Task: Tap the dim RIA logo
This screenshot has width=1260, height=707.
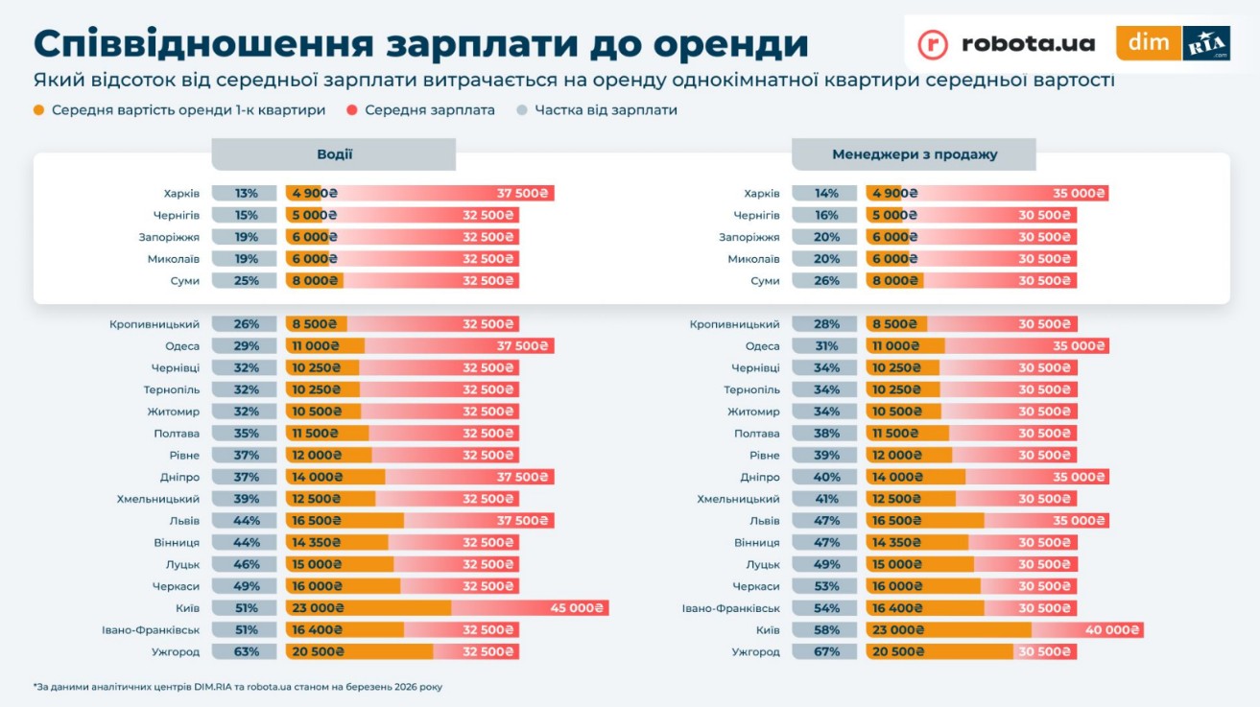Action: pyautogui.click(x=1173, y=44)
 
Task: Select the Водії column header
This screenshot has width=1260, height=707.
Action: pyautogui.click(x=334, y=154)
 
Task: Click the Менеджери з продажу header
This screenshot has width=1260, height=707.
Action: pyautogui.click(x=914, y=154)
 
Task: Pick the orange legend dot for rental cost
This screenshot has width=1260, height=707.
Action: pyautogui.click(x=39, y=110)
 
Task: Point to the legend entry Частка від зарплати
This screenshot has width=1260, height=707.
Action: pyautogui.click(x=606, y=110)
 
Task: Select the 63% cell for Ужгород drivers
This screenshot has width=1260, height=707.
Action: pyautogui.click(x=245, y=652)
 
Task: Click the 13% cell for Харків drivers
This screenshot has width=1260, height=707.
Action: pyautogui.click(x=245, y=194)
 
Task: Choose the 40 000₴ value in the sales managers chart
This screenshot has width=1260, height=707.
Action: pyautogui.click(x=1111, y=630)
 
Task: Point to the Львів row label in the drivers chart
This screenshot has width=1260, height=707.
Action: pyautogui.click(x=183, y=521)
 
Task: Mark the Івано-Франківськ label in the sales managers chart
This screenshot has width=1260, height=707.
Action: pyautogui.click(x=730, y=608)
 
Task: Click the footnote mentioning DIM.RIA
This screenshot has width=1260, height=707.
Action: pyautogui.click(x=237, y=687)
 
